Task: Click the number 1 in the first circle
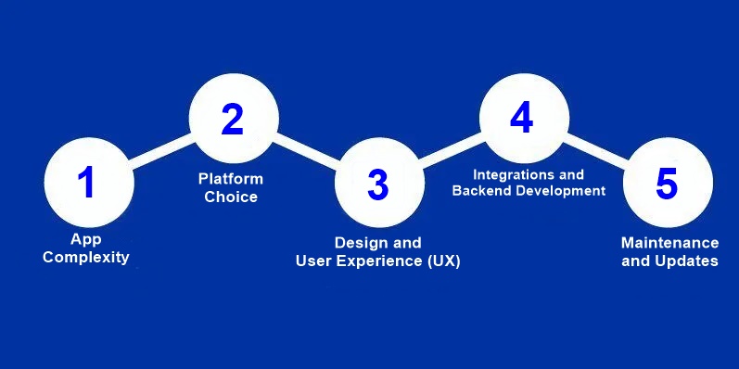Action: [86, 182]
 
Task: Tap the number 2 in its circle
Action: [232, 119]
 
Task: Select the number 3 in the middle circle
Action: [377, 184]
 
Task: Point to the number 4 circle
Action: [522, 118]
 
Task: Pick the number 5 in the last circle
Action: [667, 183]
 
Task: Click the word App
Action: [85, 239]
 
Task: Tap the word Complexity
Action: [86, 257]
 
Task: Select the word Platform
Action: [231, 179]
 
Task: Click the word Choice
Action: [231, 197]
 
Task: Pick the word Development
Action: [560, 190]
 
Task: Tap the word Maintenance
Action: [669, 243]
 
